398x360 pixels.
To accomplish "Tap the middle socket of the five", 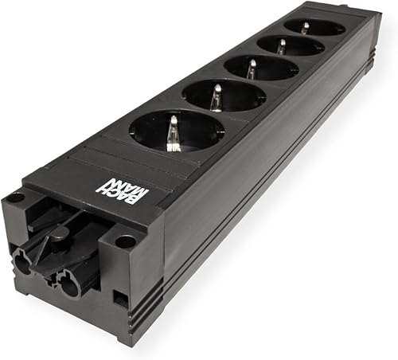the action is (262, 67).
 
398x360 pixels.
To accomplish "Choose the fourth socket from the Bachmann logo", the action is (291, 45).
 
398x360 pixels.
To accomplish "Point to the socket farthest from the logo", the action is (314, 28).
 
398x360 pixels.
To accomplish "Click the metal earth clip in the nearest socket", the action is (172, 134).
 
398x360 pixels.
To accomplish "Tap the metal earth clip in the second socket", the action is (216, 98).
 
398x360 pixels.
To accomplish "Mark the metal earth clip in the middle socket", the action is (251, 69).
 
